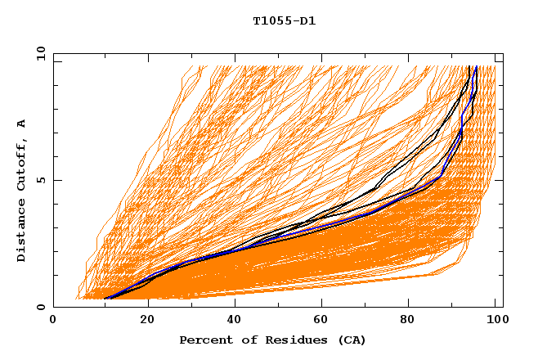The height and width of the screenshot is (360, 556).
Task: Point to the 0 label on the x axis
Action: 53,321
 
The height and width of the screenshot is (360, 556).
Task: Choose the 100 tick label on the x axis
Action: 495,321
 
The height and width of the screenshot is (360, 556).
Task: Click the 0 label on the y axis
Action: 41,308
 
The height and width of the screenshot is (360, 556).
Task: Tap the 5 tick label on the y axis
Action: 41,180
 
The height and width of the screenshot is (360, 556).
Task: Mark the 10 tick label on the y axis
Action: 38,53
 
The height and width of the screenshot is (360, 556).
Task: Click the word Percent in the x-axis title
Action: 204,340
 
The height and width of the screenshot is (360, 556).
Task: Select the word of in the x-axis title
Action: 245,340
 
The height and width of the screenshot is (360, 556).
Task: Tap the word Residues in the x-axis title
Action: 289,340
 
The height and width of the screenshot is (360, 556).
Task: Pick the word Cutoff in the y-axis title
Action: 22,166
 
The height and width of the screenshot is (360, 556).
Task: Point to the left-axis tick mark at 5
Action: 56,180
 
